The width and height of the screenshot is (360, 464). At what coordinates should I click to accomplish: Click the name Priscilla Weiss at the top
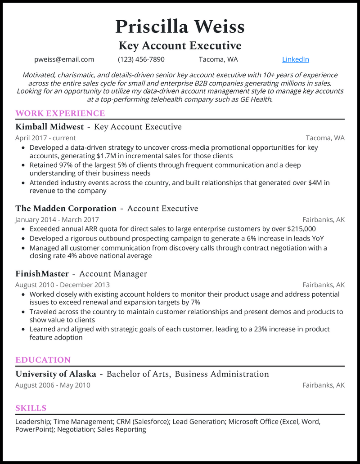click(180, 27)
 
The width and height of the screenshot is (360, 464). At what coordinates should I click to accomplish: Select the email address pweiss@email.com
click(64, 59)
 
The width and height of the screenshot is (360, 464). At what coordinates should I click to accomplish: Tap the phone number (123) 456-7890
click(141, 59)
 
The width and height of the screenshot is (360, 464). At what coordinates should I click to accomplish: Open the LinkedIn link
click(295, 59)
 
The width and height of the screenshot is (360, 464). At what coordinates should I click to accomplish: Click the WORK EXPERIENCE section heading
click(60, 113)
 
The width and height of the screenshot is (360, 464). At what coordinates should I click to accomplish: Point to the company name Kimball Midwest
click(49, 127)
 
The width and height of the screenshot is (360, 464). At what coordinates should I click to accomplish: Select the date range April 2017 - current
click(45, 138)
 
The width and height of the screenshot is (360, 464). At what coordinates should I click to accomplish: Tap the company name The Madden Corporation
click(66, 209)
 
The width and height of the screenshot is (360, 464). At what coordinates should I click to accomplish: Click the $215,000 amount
click(298, 229)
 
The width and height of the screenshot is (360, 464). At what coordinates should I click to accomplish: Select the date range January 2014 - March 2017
click(57, 219)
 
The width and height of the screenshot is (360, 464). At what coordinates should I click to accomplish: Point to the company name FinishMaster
click(42, 274)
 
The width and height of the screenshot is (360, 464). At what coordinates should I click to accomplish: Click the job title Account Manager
click(113, 274)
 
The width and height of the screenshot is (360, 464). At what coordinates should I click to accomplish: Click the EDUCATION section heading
click(43, 360)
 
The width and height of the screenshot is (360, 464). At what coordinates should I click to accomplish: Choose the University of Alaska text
click(56, 374)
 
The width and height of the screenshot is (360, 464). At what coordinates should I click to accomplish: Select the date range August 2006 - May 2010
click(53, 385)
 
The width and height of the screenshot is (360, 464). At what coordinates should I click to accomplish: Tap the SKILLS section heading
click(31, 408)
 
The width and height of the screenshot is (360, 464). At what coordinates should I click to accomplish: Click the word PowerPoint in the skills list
click(34, 429)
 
